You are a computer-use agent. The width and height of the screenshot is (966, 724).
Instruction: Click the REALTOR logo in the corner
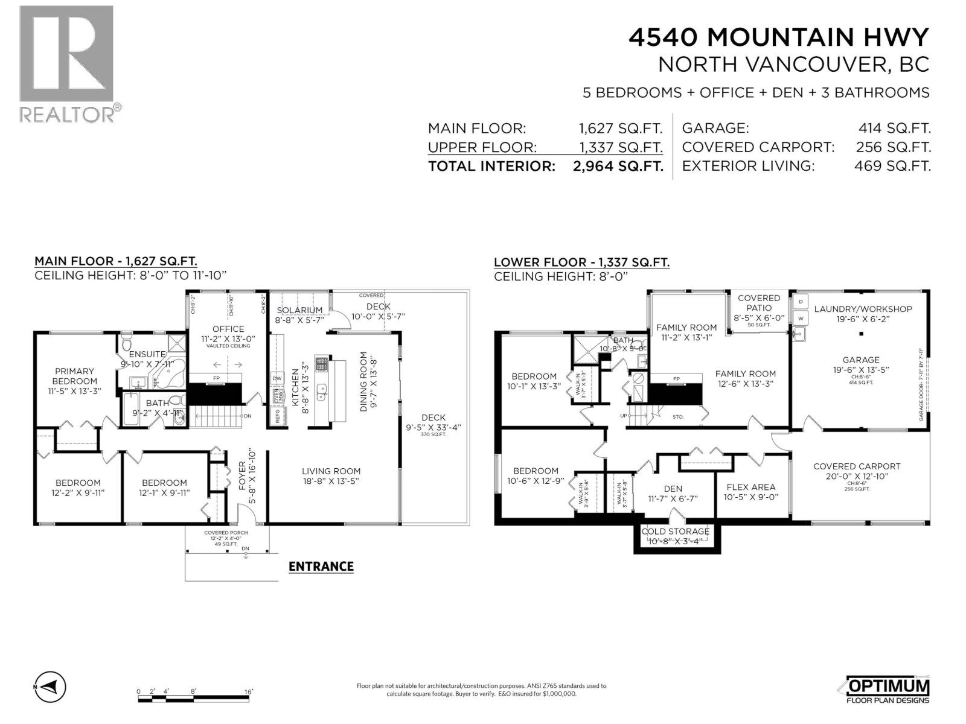66,63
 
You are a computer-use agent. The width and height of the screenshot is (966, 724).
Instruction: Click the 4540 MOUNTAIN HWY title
778,37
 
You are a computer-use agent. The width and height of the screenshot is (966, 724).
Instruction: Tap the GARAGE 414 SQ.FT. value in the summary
894,128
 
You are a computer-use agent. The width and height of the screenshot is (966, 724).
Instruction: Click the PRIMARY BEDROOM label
74,376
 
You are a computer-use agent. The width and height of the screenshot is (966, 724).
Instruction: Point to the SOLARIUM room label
299,310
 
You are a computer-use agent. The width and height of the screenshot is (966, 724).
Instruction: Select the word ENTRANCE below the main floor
321,567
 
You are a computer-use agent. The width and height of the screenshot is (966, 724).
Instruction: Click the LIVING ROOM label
331,471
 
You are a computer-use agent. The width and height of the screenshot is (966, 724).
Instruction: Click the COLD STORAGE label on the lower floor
675,532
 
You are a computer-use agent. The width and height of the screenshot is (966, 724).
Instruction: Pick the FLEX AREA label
750,487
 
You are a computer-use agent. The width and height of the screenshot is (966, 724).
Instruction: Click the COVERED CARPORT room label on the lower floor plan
856,466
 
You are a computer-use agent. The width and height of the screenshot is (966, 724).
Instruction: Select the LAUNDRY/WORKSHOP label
863,309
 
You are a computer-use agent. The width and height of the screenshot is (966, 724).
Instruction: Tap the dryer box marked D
801,301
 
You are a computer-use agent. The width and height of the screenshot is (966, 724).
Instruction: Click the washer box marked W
801,317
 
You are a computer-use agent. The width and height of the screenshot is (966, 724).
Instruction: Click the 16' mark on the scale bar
248,691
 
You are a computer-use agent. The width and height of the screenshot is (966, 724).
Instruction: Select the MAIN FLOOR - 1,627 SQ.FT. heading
115,261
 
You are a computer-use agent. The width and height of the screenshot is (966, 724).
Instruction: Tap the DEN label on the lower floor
673,489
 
